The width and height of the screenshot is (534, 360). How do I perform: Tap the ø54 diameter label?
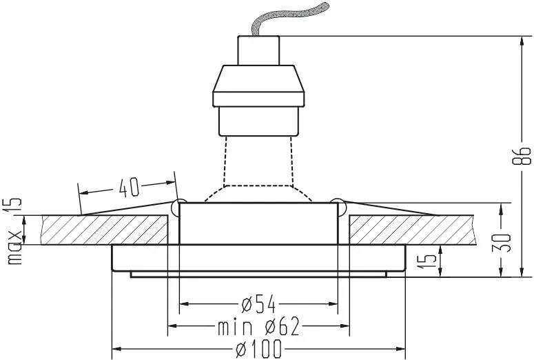coord(259,303)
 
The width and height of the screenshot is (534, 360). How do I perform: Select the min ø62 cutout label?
coord(258,327)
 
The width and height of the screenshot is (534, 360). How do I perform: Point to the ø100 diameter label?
coord(260,349)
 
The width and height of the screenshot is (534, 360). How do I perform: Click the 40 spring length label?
coord(129,187)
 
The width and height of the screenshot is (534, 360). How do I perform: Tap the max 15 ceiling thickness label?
coord(14,231)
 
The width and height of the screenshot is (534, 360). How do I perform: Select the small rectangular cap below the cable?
coord(258,50)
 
